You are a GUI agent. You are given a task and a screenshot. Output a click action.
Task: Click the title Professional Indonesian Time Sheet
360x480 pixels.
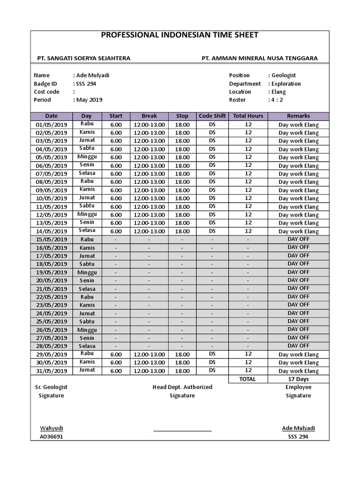point(180,35)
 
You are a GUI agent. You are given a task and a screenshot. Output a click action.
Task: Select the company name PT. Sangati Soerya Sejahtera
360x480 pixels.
point(84,58)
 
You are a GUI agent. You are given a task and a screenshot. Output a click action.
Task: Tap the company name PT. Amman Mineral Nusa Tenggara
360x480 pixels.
point(259,58)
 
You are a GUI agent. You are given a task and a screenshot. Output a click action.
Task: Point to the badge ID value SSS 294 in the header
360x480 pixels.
point(86,84)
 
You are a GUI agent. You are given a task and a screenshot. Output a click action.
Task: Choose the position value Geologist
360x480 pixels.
point(284,75)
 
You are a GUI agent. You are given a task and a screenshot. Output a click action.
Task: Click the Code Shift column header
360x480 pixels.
point(212,116)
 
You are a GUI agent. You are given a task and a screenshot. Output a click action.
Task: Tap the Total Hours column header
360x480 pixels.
point(248,116)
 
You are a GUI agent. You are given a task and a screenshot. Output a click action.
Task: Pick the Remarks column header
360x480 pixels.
point(298,116)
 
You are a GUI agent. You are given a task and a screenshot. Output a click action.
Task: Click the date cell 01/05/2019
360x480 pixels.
point(52,125)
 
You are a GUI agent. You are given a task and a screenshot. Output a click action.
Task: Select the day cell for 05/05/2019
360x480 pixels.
point(87,157)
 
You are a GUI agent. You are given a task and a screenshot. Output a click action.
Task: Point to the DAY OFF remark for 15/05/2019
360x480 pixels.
point(298,239)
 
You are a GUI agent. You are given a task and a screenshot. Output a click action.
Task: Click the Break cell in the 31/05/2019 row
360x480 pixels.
point(149,371)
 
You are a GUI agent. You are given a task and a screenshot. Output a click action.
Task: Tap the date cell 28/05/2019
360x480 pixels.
point(52,346)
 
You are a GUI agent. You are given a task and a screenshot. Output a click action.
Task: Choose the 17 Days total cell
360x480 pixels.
point(298,379)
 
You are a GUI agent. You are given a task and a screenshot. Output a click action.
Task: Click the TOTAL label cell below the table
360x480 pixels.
point(247,379)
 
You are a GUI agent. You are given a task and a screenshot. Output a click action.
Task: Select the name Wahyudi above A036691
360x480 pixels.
point(52,428)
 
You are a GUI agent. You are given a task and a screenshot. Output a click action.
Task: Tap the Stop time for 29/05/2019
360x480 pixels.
point(182,354)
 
